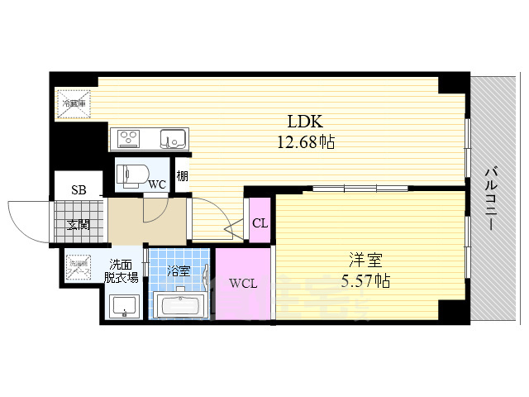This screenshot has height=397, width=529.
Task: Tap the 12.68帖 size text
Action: point(305,142)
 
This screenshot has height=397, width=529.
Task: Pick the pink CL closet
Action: point(260,221)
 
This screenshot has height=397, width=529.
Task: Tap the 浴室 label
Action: point(178,270)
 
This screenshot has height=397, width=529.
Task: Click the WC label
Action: point(158,184)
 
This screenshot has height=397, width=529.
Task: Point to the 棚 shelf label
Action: point(181,175)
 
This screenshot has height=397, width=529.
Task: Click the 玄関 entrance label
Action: point(79,223)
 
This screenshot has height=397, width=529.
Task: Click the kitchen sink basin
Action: point(173,138)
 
